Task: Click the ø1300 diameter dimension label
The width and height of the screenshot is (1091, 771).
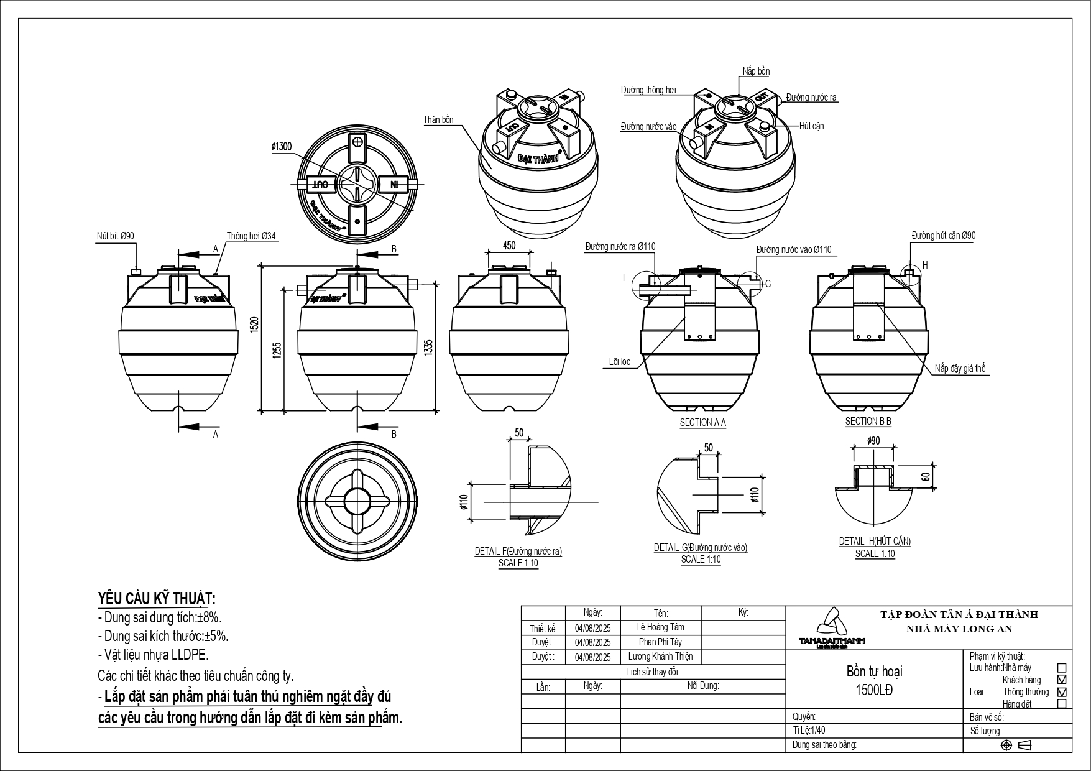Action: (x=281, y=147)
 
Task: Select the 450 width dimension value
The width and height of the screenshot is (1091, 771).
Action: (x=509, y=246)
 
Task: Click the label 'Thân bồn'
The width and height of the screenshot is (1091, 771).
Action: (x=438, y=119)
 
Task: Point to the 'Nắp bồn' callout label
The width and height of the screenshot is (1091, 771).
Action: (x=756, y=72)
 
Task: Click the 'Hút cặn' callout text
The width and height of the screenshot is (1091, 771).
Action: (x=811, y=126)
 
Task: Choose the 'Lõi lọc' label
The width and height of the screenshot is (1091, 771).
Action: (x=620, y=361)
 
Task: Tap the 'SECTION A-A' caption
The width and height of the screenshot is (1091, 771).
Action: (x=702, y=423)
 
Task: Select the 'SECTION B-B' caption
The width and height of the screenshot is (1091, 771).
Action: (x=868, y=422)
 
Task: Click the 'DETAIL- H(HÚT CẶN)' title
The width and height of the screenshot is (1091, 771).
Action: (x=875, y=542)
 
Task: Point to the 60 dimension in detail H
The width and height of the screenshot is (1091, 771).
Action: (x=926, y=476)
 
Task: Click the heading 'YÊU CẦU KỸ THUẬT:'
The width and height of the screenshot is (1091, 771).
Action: (x=157, y=599)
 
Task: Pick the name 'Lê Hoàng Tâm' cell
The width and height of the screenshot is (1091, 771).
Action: (x=660, y=627)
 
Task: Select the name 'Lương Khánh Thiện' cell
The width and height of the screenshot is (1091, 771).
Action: (x=660, y=657)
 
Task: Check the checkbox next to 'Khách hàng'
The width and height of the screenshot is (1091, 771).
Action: (x=1061, y=680)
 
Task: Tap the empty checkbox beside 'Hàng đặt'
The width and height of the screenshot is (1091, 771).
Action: (x=1061, y=704)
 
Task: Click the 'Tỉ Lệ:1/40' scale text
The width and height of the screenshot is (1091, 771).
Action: (x=809, y=731)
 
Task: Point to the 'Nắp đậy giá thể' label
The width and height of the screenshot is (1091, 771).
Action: (x=960, y=369)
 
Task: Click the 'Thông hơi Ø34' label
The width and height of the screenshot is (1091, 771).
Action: (x=251, y=236)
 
